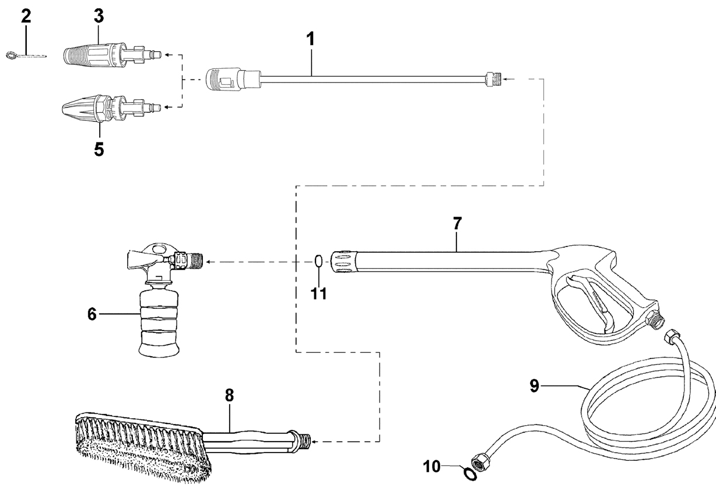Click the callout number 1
310,39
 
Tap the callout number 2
26,16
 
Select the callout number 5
99,150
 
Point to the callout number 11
319,293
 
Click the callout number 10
432,467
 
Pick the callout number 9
535,386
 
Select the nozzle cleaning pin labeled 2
26,55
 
